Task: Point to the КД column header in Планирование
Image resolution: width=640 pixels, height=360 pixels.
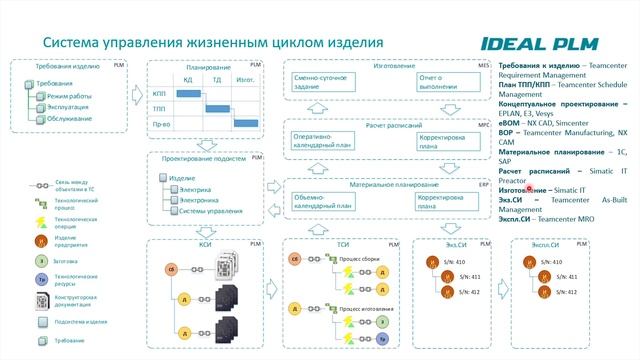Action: [187, 79]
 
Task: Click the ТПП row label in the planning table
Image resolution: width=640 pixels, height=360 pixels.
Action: [159, 107]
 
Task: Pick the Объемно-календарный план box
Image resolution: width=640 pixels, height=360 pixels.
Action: [322, 202]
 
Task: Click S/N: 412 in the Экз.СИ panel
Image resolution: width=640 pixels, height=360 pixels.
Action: [456, 291]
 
